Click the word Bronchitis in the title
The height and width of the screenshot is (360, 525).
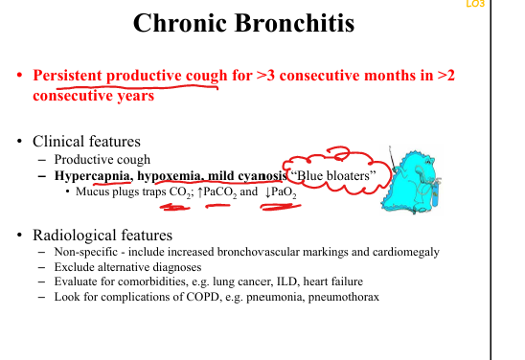[294, 23]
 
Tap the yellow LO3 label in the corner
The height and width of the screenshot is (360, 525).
[475, 4]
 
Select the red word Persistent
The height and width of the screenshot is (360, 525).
[67, 76]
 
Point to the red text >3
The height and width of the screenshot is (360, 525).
[265, 76]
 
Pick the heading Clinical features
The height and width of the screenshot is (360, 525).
[86, 141]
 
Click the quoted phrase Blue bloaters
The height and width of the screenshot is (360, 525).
[333, 175]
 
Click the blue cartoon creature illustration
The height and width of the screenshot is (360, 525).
[412, 181]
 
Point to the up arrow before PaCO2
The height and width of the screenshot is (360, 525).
[200, 192]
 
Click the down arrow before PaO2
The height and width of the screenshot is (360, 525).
[267, 192]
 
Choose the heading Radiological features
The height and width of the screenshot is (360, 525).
[103, 236]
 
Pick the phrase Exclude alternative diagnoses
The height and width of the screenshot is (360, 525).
[128, 267]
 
